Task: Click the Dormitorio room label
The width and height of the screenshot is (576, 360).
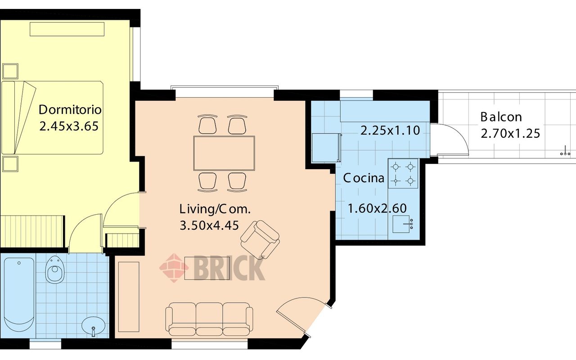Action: point(70,110)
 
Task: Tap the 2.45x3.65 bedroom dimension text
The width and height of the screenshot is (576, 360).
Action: point(69,126)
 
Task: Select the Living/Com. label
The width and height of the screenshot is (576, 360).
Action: point(215,209)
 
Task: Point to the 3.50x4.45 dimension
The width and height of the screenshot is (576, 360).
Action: point(209,225)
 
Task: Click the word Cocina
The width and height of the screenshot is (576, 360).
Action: point(364,178)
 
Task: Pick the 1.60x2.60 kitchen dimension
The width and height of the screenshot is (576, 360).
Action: point(377,208)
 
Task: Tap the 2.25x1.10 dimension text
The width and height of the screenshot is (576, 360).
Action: point(390,130)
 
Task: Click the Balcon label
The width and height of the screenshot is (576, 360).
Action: point(501,117)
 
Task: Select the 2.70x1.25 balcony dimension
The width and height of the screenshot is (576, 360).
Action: point(510,134)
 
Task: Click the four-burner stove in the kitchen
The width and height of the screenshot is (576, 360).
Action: point(403,174)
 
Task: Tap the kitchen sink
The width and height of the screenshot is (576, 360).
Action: point(403,224)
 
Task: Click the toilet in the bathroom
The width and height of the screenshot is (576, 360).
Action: point(55,270)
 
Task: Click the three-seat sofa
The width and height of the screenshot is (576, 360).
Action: point(209,319)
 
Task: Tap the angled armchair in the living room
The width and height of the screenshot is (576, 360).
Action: point(260,239)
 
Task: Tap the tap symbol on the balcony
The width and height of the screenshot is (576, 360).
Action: point(565,151)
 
